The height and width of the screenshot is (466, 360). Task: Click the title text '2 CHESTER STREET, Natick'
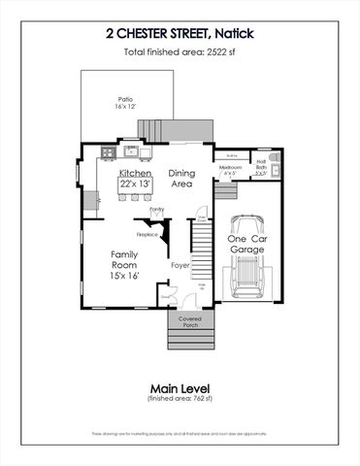(180, 32)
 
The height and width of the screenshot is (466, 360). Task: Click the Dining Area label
(181, 177)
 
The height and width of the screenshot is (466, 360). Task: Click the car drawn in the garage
(249, 267)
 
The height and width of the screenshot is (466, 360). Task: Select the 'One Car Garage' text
(245, 244)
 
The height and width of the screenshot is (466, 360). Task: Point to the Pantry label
(155, 209)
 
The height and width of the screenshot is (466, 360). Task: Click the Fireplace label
(147, 234)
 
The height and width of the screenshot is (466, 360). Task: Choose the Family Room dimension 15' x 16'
(123, 277)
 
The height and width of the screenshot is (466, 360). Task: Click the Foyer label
(180, 264)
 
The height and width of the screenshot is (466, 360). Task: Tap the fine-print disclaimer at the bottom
(180, 433)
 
